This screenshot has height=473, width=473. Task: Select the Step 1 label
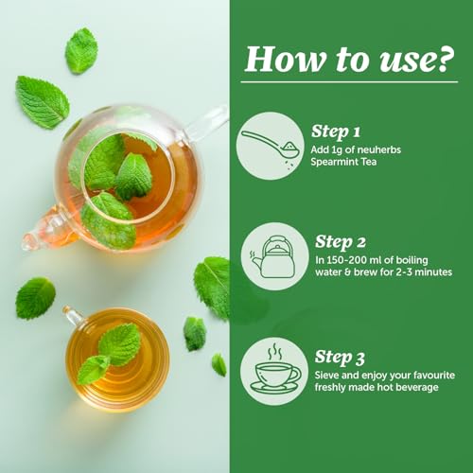[x=336, y=132]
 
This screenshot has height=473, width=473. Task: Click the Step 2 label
[x=341, y=242]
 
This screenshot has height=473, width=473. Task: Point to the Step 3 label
[x=340, y=358]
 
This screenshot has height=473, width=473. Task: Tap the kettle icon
[x=273, y=256]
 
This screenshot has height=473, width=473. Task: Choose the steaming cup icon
[x=275, y=369]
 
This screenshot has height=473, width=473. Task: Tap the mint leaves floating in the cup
[x=109, y=353]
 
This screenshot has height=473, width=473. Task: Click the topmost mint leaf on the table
[x=81, y=51]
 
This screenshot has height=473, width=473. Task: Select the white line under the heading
[x=349, y=82]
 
